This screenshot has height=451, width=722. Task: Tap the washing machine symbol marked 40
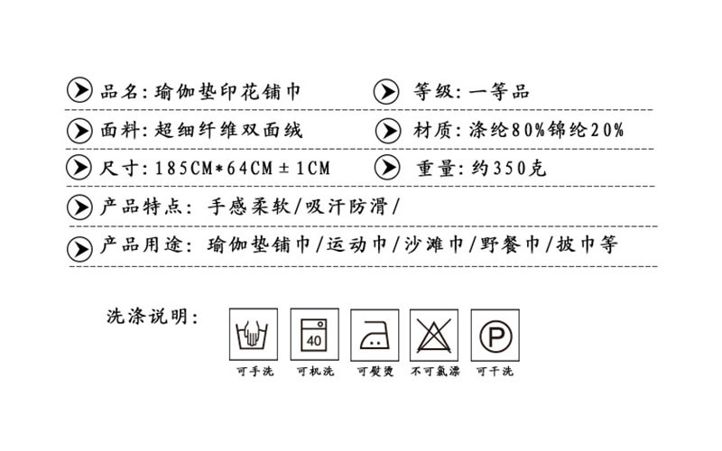[315, 333]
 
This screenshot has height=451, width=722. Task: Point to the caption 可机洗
[315, 372]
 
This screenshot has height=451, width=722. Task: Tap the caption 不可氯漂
[436, 372]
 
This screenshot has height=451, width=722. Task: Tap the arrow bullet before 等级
[385, 91]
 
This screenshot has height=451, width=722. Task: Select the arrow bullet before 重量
[385, 169]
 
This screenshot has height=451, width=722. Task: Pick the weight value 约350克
[504, 169]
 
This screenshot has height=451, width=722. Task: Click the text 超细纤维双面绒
[229, 130]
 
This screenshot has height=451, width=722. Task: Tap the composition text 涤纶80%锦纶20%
[546, 130]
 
